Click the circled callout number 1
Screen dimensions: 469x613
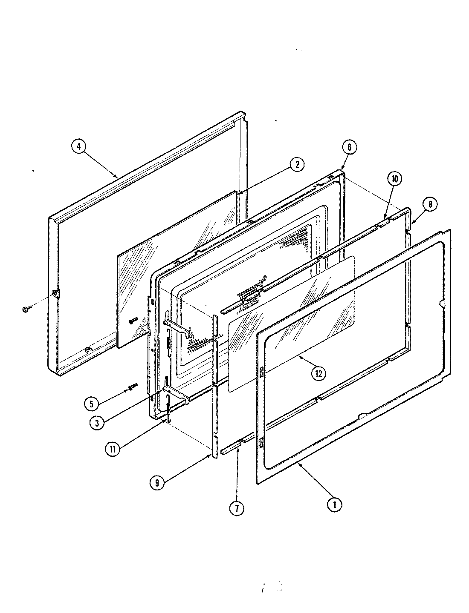335,505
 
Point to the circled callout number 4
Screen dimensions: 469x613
78,146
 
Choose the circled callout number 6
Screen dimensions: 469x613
349,147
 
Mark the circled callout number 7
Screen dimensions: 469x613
236,507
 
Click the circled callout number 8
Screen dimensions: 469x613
430,204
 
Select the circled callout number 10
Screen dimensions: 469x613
394,179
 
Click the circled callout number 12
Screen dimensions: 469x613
319,373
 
